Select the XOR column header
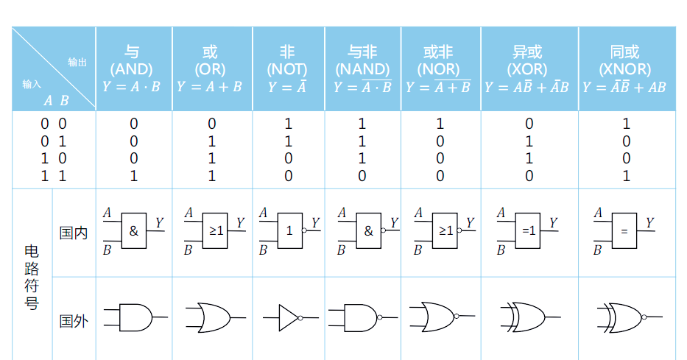[528, 61]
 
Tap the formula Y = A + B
[211, 87]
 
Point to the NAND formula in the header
[363, 87]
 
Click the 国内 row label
[73, 233]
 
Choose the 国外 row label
[73, 321]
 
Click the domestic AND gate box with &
[133, 230]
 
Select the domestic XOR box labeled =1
[529, 230]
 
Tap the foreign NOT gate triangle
[288, 318]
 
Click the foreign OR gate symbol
[213, 318]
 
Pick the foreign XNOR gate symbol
[624, 318]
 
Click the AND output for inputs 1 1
[133, 176]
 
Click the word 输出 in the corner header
[77, 63]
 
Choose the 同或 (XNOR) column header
[625, 61]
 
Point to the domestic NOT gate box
[289, 230]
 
